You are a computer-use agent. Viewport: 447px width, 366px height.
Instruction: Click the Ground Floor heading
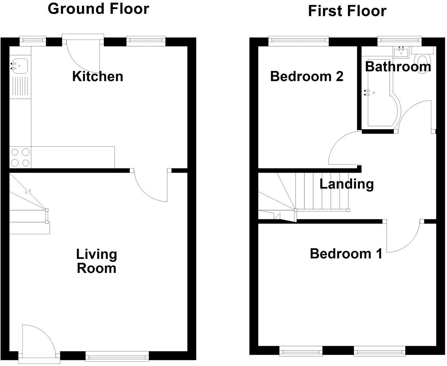[98, 9]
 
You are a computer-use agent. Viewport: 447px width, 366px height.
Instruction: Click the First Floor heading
[347, 11]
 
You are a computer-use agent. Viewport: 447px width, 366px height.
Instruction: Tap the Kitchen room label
[98, 76]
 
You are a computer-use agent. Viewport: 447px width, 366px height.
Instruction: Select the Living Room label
[97, 261]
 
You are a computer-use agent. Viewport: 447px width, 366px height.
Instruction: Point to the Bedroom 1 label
[346, 253]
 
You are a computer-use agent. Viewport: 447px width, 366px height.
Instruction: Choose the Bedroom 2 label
[307, 77]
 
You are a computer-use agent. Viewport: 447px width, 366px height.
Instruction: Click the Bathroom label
[398, 66]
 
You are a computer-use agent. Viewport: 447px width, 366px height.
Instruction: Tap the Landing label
[346, 184]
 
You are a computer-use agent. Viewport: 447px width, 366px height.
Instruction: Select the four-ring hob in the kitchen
[20, 157]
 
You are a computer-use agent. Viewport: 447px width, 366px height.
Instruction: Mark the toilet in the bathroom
[423, 62]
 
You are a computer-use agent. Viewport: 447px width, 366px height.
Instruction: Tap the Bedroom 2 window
[299, 41]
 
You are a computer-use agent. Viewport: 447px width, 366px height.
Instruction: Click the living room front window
[117, 356]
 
